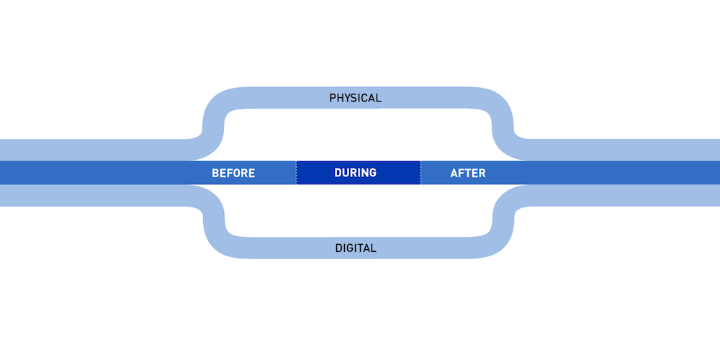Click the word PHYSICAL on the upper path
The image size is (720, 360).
355,97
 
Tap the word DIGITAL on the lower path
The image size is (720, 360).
356,248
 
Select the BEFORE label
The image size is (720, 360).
233,173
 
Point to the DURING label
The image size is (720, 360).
356,173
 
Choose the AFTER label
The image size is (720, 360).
468,173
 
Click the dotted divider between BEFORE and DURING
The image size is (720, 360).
296,173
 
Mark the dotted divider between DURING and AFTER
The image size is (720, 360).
421,173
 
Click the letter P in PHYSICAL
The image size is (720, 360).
333,97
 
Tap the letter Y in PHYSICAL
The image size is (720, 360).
348,97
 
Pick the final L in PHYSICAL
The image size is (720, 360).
379,97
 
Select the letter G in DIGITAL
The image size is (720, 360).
351,248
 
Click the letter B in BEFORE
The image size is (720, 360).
215,173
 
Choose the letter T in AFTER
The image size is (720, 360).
469,173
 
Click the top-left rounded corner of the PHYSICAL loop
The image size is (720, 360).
215,105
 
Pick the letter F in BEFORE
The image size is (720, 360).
231,173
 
